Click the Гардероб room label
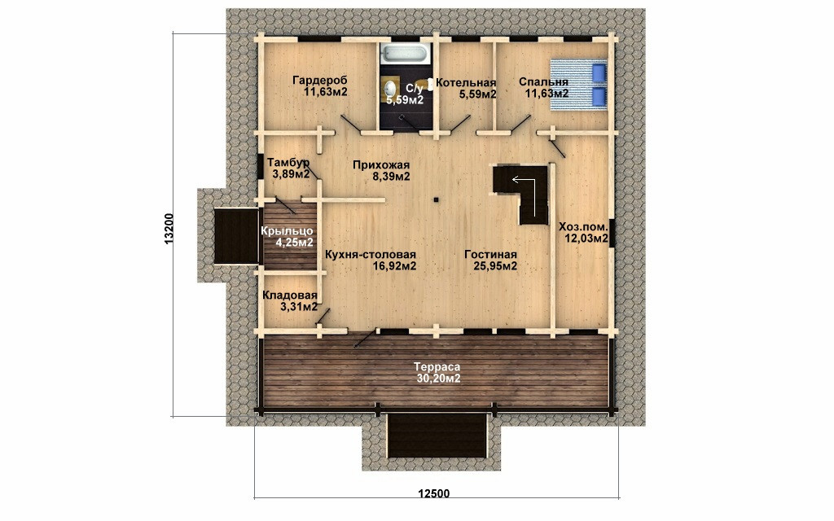[x=319, y=81]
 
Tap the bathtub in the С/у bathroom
[x=405, y=54]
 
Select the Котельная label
[x=466, y=83]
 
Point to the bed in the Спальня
[x=578, y=84]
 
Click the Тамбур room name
[x=288, y=162]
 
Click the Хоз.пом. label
[x=583, y=227]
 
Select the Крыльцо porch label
[x=287, y=231]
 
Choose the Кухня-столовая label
[x=371, y=255]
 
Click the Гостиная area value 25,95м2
[x=495, y=266]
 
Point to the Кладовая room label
[x=290, y=296]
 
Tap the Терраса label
[x=437, y=367]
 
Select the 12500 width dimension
[x=433, y=494]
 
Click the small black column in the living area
[x=436, y=200]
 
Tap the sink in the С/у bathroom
[x=390, y=88]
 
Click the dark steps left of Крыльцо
[x=236, y=235]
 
